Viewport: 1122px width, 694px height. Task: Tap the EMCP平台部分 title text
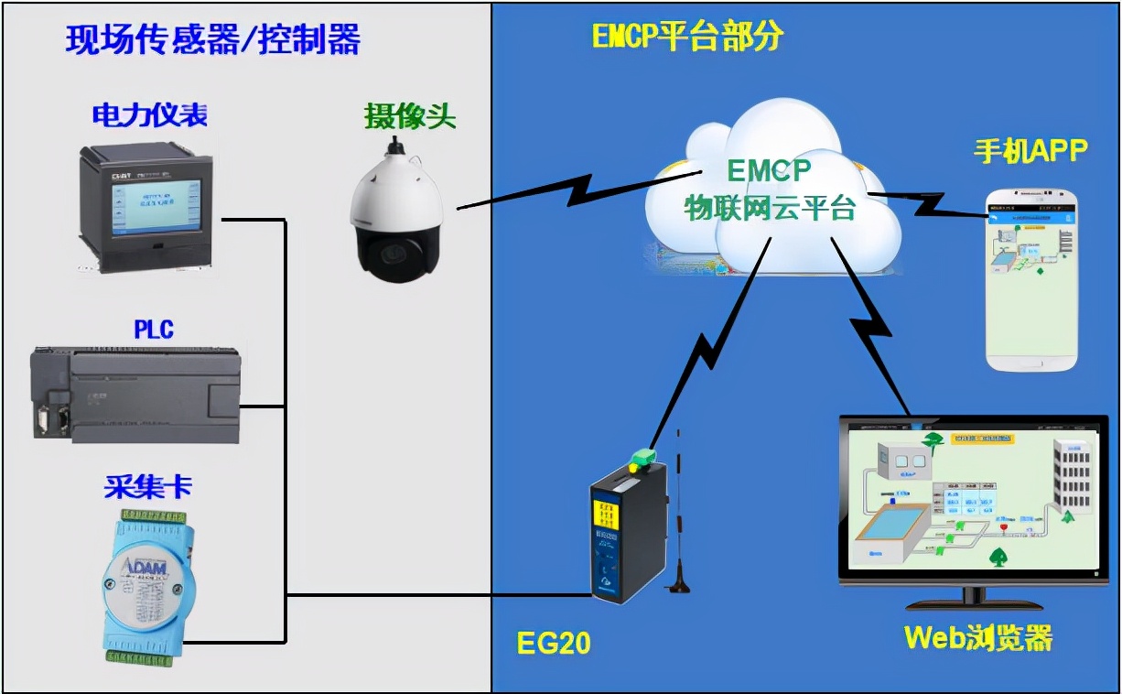point(687,37)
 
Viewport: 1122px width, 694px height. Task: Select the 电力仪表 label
point(149,114)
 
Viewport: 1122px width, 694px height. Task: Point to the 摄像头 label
point(409,116)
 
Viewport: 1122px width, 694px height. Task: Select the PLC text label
point(154,329)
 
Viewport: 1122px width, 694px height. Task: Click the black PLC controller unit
point(137,394)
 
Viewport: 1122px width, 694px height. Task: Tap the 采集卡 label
point(147,487)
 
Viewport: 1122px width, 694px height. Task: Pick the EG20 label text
point(554,644)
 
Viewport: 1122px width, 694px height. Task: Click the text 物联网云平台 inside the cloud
point(770,209)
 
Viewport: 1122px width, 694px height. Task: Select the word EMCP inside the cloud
point(769,171)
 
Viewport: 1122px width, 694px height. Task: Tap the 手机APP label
point(1030,151)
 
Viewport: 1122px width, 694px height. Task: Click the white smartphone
point(1031,279)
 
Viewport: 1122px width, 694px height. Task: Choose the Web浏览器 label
point(978,637)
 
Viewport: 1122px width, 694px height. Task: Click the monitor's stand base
point(973,603)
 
